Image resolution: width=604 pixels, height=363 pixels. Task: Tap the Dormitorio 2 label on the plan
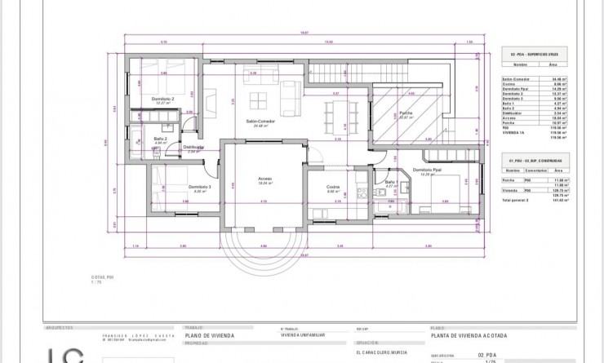[164, 99]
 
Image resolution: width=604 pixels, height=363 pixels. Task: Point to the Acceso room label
[265, 179]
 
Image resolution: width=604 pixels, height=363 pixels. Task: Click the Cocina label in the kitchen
[333, 187]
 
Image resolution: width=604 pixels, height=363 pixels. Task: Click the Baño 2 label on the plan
[160, 139]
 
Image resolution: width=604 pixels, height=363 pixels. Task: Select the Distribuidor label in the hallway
[193, 148]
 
